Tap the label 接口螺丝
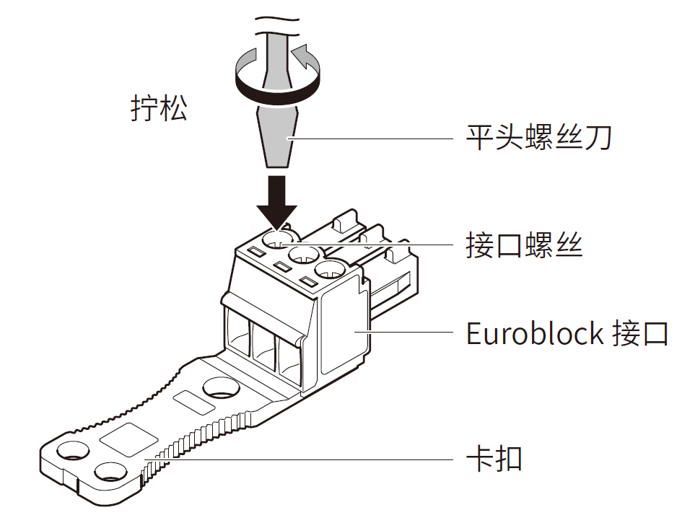click(524, 246)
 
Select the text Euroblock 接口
click(567, 334)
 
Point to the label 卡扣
click(494, 457)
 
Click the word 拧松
click(159, 108)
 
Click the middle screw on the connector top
click(304, 255)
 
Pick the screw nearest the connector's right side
click(331, 271)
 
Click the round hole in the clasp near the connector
click(222, 389)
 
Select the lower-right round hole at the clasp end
click(110, 472)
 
